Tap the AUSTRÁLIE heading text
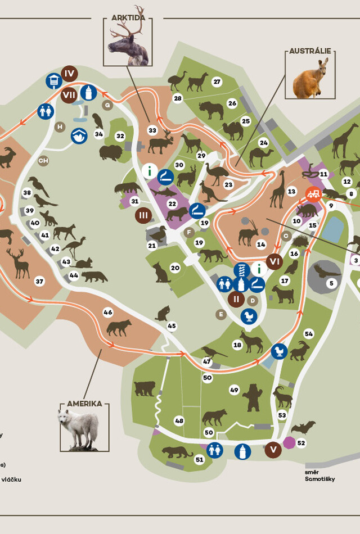coord(310,51)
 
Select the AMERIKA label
coord(84,404)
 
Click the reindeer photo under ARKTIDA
coord(129,44)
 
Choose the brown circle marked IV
coord(70,74)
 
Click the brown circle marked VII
coord(69,94)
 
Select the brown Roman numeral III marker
coord(143,215)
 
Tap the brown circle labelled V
coord(273,450)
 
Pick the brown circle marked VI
coord(274,261)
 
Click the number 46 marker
coord(107,312)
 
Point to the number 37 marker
coord(39,281)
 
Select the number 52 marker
coord(301,443)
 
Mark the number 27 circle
coord(217,82)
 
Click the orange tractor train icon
coord(313,194)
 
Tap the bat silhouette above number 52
coord(303,427)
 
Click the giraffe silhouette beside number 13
coord(278,190)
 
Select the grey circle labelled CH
coord(43,161)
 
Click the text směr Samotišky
coord(319,476)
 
